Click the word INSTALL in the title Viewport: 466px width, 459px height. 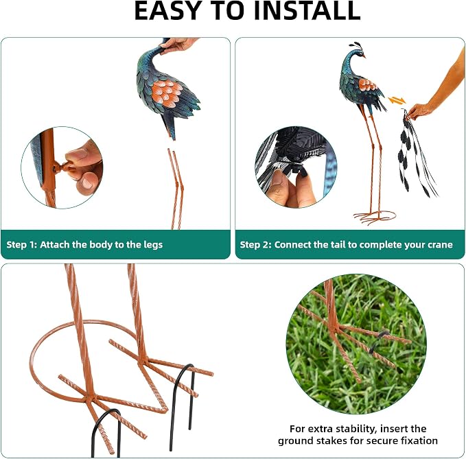pos(307,10)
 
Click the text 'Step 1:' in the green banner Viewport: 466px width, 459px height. pos(21,244)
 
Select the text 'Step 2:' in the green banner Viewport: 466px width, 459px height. pos(255,244)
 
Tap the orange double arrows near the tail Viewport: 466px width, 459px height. pos(397,101)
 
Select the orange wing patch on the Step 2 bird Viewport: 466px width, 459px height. pos(367,84)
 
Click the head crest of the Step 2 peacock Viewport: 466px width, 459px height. pos(357,46)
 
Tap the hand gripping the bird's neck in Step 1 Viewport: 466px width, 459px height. pos(178,45)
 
